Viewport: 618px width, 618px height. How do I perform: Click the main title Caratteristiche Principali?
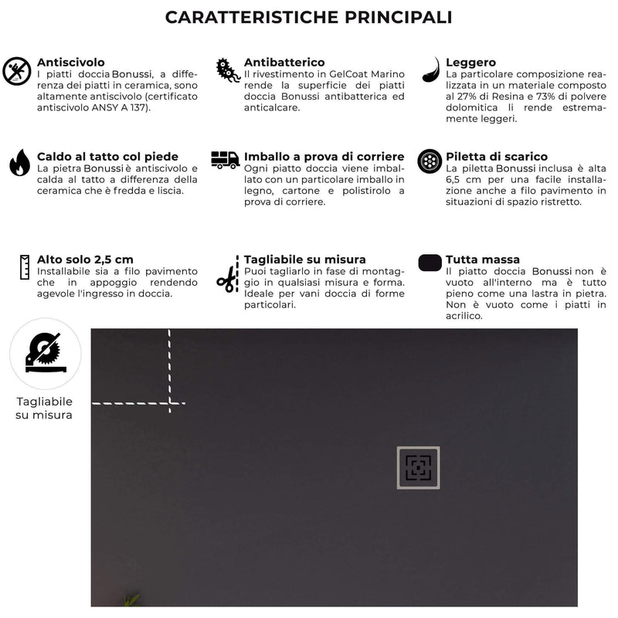pyautogui.click(x=309, y=17)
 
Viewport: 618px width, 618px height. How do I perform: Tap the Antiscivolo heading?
pyautogui.click(x=71, y=63)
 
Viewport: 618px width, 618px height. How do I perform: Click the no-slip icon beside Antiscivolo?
pyautogui.click(x=16, y=71)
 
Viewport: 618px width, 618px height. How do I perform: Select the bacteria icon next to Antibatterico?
pyautogui.click(x=227, y=70)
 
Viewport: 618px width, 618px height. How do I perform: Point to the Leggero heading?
pyautogui.click(x=470, y=63)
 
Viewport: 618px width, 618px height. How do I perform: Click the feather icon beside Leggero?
pyautogui.click(x=431, y=70)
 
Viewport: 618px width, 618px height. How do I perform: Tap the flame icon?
pyautogui.click(x=19, y=162)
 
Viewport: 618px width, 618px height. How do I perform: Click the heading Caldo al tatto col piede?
pyautogui.click(x=107, y=157)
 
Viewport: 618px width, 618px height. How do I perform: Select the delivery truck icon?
pyautogui.click(x=225, y=160)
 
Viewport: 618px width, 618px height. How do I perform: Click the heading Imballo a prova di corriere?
pyautogui.click(x=324, y=157)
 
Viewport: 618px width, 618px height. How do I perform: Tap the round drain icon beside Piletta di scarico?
pyautogui.click(x=430, y=161)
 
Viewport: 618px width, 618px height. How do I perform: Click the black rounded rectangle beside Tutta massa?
pyautogui.click(x=430, y=263)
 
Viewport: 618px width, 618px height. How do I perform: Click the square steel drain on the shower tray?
pyautogui.click(x=418, y=467)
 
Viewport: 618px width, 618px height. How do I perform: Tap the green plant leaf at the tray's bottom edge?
pyautogui.click(x=131, y=599)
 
